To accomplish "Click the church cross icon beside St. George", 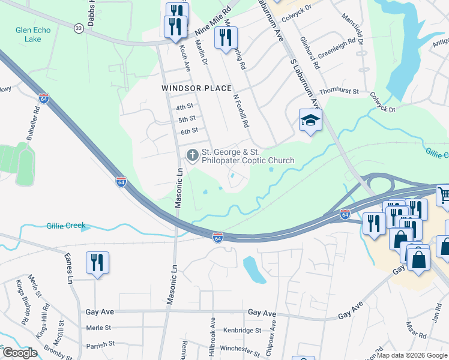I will pos(192,155).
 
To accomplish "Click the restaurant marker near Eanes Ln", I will pos(97,263).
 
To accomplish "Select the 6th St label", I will pos(189,131).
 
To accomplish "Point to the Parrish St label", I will pos(100,344).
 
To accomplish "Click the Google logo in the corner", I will pos(20,352).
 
